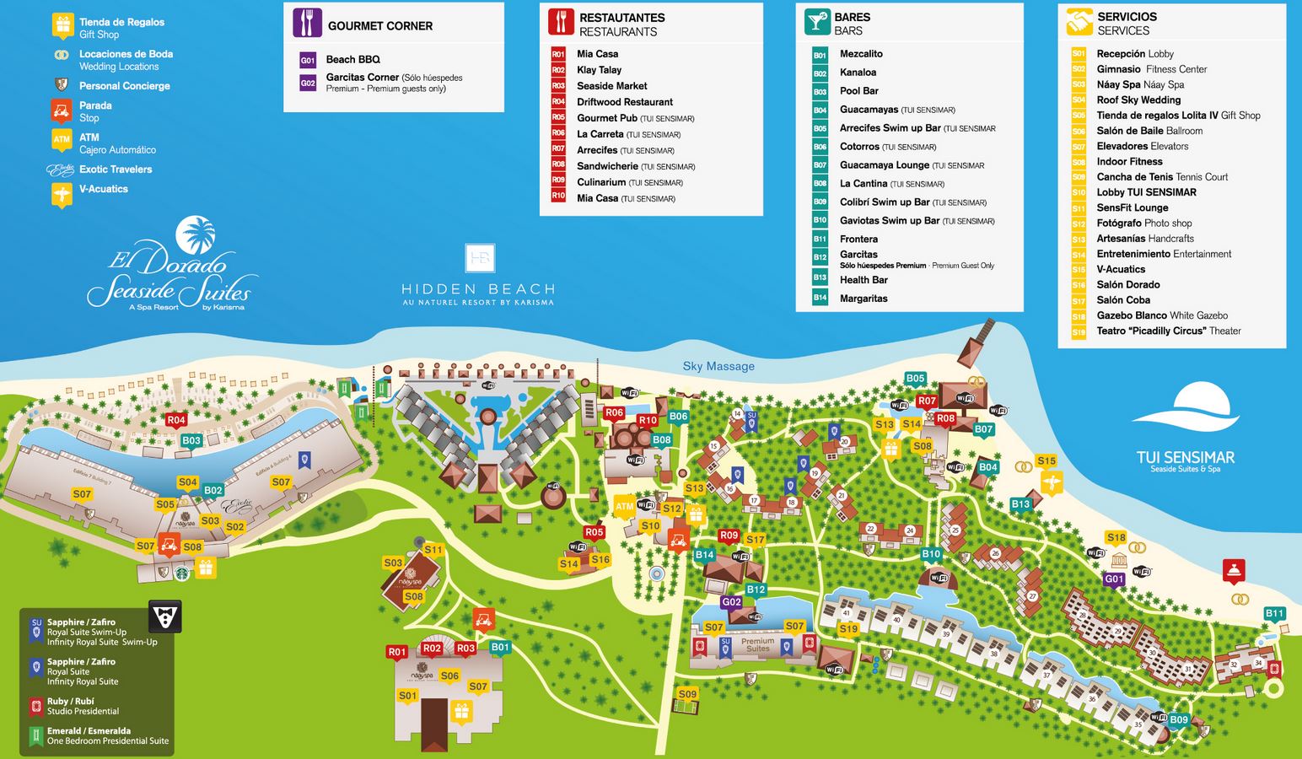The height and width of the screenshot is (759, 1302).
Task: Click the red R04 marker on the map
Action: (x=175, y=420)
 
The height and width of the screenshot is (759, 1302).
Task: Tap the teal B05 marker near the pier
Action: (x=915, y=379)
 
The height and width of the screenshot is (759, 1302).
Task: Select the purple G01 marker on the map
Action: (x=1114, y=579)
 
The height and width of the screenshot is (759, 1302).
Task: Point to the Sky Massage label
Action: (x=718, y=366)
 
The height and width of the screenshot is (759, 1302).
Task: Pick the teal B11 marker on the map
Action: (x=1274, y=614)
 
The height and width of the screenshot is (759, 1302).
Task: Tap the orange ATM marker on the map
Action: (x=624, y=507)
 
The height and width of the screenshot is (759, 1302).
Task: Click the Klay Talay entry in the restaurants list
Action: (x=599, y=70)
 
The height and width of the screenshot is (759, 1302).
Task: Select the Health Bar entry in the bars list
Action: (x=864, y=280)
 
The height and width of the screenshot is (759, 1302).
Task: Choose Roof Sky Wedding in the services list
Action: (x=1138, y=100)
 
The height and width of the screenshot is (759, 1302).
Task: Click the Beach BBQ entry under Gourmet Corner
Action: (x=352, y=59)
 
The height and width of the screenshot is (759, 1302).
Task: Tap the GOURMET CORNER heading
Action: (x=379, y=26)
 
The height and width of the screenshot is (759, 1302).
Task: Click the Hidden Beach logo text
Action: (x=478, y=289)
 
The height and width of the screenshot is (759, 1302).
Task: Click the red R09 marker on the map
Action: (x=729, y=536)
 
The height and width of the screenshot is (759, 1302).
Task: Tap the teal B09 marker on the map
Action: (x=1178, y=720)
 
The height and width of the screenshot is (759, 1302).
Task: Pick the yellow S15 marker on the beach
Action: (x=1046, y=461)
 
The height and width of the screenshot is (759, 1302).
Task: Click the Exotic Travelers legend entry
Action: (x=116, y=170)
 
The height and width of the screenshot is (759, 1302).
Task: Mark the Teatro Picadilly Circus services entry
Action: (x=1168, y=331)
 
